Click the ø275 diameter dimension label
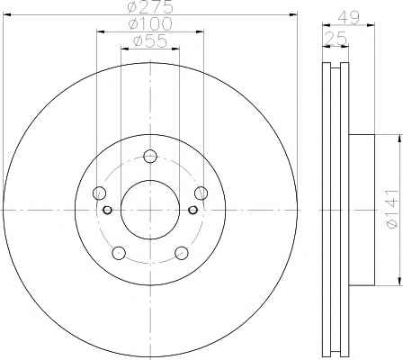tap(150, 7)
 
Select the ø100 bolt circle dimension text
tap(150, 24)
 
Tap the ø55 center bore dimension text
tap(150, 41)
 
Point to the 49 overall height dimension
tap(348, 19)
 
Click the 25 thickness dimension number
tap(336, 38)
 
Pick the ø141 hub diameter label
tap(393, 209)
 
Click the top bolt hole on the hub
tap(150, 156)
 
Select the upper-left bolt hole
tap(99, 193)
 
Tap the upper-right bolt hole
tap(201, 193)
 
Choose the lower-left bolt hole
tap(119, 253)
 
